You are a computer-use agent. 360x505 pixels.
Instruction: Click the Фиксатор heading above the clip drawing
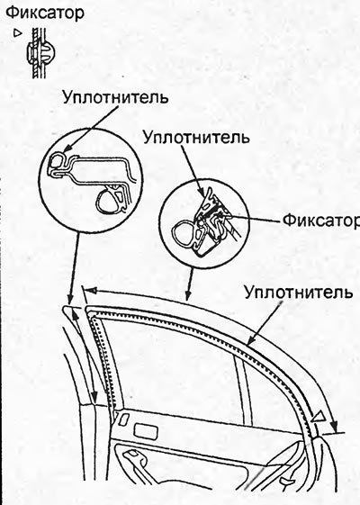click(45, 13)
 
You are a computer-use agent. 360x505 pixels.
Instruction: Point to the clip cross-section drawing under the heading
click(40, 52)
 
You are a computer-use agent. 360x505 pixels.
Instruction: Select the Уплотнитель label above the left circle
click(115, 96)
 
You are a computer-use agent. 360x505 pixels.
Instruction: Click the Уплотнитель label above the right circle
click(196, 137)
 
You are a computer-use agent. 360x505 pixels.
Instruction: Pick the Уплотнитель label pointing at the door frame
click(298, 293)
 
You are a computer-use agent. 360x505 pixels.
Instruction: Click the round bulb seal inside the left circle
click(109, 202)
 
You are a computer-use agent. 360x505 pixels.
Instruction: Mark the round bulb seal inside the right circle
click(184, 232)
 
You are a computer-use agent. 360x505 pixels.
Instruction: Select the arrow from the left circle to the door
click(75, 268)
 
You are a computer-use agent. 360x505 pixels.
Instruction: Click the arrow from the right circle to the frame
click(190, 283)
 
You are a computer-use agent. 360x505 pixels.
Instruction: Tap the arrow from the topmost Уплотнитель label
click(92, 128)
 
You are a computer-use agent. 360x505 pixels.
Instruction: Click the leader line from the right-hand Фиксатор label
click(256, 220)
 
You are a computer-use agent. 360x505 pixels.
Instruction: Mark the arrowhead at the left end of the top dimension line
click(93, 291)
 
